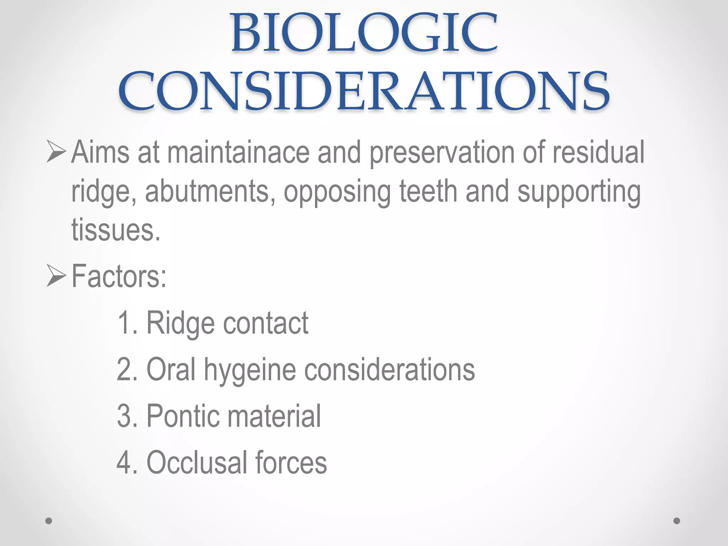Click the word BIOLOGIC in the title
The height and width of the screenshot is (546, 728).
(364, 33)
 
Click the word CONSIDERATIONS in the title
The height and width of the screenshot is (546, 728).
(364, 91)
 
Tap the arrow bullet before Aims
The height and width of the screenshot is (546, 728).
(56, 152)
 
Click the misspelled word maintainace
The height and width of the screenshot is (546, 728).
(238, 153)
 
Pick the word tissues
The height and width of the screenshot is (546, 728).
(116, 230)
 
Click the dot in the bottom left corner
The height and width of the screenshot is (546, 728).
(49, 521)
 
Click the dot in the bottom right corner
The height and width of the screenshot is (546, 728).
(677, 521)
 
